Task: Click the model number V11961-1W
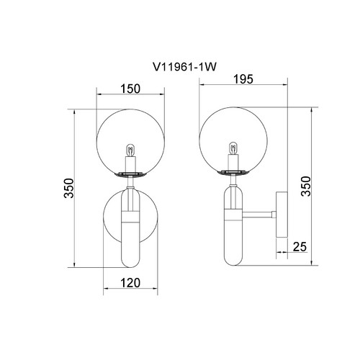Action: click(184, 67)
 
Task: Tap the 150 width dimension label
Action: click(130, 89)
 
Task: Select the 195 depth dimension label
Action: click(243, 79)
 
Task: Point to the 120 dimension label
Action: click(130, 283)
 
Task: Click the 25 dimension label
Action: click(300, 246)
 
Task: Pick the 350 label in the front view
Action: click(69, 188)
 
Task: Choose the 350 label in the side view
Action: click(306, 186)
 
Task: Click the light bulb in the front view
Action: click(130, 150)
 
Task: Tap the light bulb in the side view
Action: click(233, 148)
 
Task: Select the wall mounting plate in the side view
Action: click(282, 215)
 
